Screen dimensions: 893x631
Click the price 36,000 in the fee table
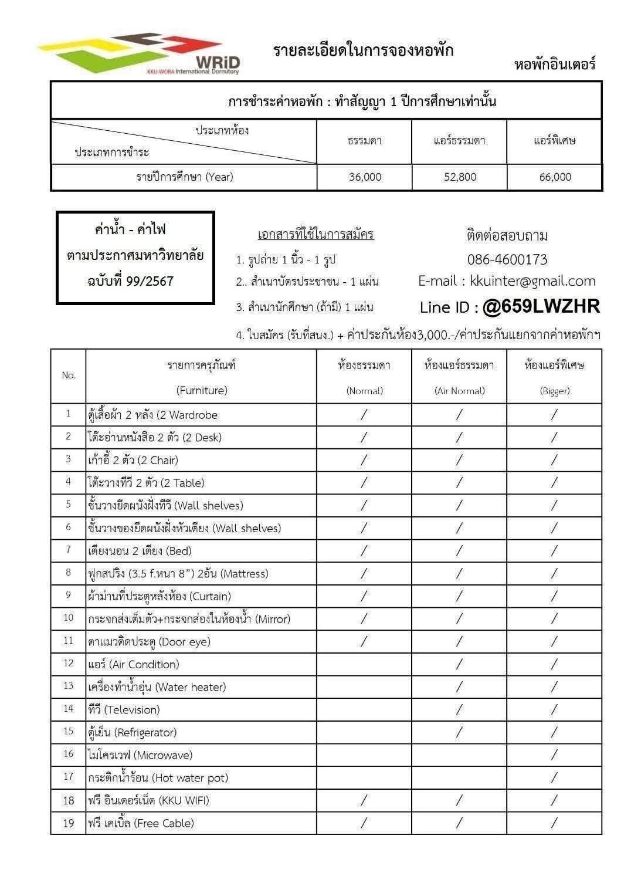click(365, 177)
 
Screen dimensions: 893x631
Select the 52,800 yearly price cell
click(460, 177)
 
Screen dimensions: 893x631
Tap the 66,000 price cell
click(555, 177)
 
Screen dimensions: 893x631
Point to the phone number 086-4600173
click(507, 259)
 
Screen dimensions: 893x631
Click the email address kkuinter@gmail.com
click(532, 281)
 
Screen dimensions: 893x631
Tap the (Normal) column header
click(364, 391)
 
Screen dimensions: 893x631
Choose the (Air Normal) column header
click(459, 391)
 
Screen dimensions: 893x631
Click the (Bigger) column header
click(554, 391)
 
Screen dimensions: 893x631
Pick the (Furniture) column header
click(202, 390)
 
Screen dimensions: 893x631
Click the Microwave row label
click(140, 755)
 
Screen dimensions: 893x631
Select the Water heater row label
click(157, 687)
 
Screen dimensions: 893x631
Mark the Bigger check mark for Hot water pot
click(554, 777)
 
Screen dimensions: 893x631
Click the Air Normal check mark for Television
click(459, 709)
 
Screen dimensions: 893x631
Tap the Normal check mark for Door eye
click(364, 641)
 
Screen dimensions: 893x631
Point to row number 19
click(69, 823)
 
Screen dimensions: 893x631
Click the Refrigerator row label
click(132, 732)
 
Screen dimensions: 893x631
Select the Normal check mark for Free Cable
click(364, 823)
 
